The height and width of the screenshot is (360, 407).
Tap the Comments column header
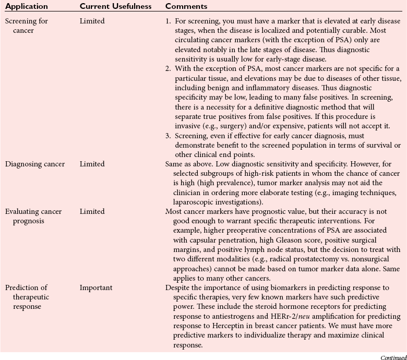pos(186,7)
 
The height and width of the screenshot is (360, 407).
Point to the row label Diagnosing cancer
pos(35,164)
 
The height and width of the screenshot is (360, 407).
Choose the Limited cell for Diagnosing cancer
pos(92,164)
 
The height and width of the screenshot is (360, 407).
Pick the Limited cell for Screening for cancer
pos(92,21)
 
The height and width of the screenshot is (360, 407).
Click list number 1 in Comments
pos(168,21)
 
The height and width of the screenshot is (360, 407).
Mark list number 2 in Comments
pos(168,68)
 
